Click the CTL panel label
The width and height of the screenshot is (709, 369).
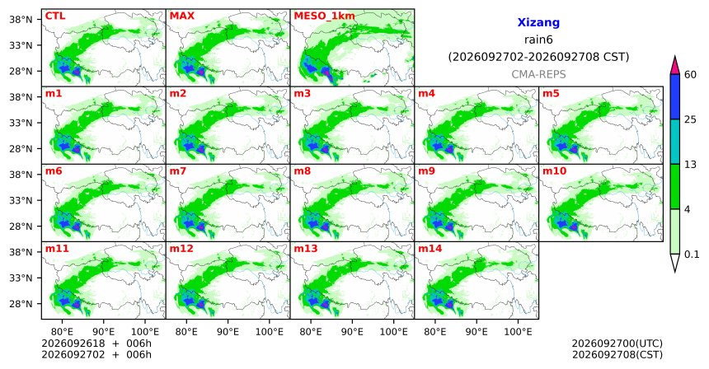point(55,16)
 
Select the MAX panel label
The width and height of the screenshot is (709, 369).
point(181,16)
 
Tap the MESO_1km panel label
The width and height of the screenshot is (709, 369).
point(324,16)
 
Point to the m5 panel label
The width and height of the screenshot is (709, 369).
point(551,94)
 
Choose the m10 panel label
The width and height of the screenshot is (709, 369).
point(554,171)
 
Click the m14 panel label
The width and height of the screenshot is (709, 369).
point(430,249)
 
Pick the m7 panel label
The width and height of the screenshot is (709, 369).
point(178,171)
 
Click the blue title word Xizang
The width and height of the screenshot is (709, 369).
point(538,22)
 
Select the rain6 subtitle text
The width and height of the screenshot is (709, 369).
point(538,40)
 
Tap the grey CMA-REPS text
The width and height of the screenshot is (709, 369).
point(538,74)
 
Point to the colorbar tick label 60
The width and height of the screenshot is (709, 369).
point(691,75)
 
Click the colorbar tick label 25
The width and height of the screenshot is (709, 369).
point(691,119)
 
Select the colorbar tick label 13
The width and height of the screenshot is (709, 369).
point(691,165)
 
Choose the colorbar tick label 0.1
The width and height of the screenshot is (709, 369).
point(692,255)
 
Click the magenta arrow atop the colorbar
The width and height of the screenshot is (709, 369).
point(675,66)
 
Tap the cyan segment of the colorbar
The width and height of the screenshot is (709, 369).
point(675,142)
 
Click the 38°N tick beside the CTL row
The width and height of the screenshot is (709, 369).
point(21,20)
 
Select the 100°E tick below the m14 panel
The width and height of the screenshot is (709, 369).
point(518,332)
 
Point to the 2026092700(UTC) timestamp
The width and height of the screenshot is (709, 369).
point(617,344)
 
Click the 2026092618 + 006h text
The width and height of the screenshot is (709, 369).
point(96,343)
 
